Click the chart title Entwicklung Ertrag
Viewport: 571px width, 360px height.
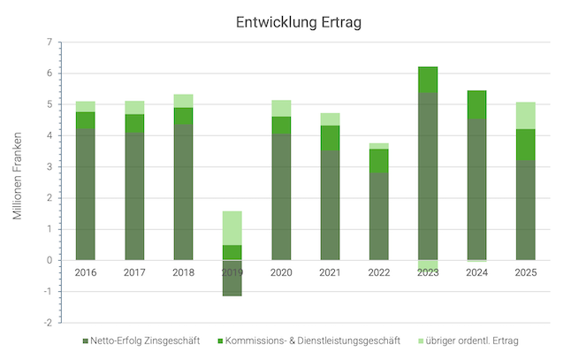tap(299, 22)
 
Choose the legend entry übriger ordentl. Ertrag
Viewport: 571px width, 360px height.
tap(477, 341)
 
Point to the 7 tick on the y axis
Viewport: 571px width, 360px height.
tap(49, 42)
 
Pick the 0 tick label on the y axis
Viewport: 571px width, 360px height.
tap(49, 260)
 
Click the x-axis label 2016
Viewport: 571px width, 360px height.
tap(86, 272)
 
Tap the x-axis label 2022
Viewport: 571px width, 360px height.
tap(378, 272)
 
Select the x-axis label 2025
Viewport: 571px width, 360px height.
tap(525, 272)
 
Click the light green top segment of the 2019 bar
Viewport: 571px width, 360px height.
tap(232, 227)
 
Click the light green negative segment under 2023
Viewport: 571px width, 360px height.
tap(428, 264)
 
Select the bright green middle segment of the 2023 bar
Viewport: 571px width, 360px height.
tap(428, 80)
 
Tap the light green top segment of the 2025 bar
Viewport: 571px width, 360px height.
tap(525, 115)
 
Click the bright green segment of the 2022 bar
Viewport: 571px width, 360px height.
tap(378, 160)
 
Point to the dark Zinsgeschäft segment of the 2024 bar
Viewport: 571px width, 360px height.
tap(476, 189)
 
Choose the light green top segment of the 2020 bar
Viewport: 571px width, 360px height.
tap(281, 108)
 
